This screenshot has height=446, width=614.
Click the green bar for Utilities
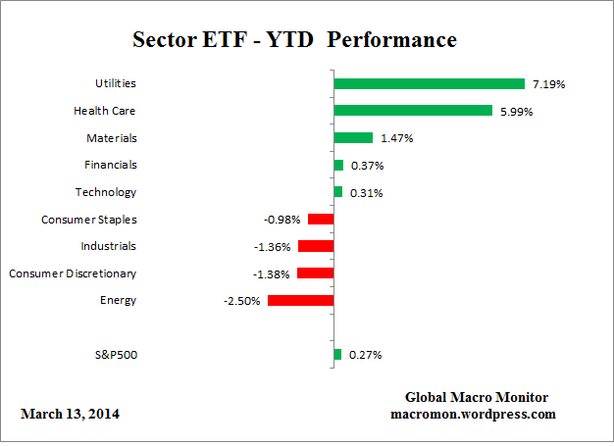tap(429, 84)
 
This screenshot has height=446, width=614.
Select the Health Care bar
tap(413, 111)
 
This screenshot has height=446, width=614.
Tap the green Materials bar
tap(353, 138)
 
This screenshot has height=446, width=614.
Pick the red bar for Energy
tap(301, 300)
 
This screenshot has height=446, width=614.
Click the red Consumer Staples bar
tap(321, 220)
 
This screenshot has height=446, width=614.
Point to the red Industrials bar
tap(316, 246)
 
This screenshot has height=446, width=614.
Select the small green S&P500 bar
tap(337, 354)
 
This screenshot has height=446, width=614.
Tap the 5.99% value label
tap(515, 112)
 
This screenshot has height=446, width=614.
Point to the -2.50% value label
tap(241, 301)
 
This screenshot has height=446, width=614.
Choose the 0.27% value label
tap(365, 355)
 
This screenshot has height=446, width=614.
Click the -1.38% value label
tap(271, 273)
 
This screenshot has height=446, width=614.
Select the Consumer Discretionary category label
tap(73, 273)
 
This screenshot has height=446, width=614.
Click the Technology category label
tap(106, 192)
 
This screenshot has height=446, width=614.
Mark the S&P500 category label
tap(113, 354)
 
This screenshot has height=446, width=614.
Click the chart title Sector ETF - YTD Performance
tap(294, 40)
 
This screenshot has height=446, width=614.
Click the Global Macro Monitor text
tap(477, 397)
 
